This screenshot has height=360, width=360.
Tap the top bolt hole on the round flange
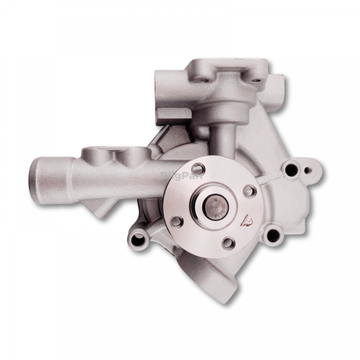tap(198, 169)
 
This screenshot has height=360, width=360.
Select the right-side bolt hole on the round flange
tap(250, 191)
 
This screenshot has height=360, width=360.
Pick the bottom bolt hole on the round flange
tap(228, 243)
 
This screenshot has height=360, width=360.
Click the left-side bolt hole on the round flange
tap(176, 221)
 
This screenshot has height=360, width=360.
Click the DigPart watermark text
tap(183, 175)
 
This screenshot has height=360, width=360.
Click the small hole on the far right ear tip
tap(308, 170)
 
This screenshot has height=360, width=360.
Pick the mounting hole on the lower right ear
tap(273, 236)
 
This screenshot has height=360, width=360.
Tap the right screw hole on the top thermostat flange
tap(256, 80)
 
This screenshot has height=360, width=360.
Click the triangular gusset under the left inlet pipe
tap(105, 206)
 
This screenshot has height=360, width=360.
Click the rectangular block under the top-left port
tap(172, 116)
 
